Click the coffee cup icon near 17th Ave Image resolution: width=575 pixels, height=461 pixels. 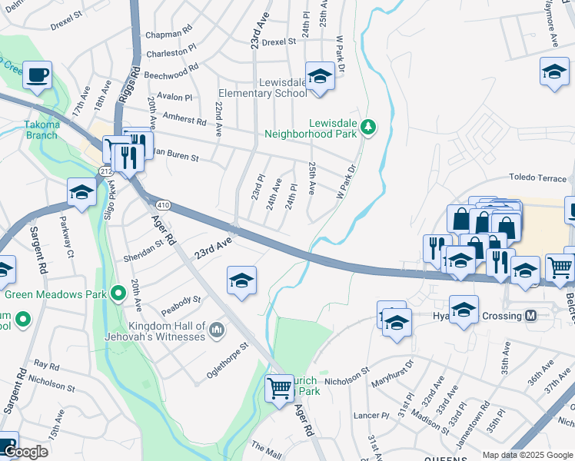coord(37,75)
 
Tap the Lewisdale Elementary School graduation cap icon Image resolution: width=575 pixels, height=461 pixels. coord(318,76)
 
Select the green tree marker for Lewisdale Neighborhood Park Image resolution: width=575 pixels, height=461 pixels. coord(368,127)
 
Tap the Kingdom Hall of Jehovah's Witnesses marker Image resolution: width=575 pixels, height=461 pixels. coord(217,330)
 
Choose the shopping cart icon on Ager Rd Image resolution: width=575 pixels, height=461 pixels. coord(279,386)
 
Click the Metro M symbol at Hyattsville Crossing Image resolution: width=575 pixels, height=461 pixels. coord(530,316)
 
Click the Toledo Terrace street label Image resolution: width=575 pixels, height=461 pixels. coord(537,177)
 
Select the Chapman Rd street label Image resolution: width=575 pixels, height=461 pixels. coord(168,35)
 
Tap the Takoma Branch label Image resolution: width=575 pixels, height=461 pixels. coord(41,130)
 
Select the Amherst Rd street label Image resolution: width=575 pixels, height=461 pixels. coord(184,121)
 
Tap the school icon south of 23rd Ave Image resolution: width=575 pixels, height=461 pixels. coord(241,280)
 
